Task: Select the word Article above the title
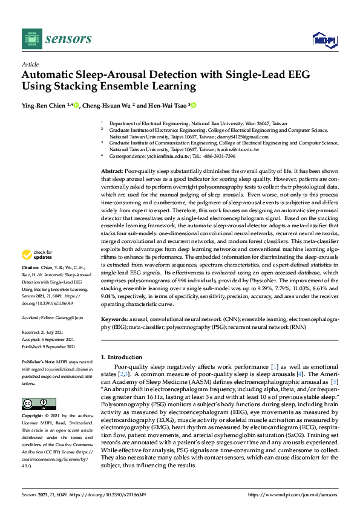click(30, 64)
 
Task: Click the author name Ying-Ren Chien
click(46, 105)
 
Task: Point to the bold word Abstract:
click(113, 172)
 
